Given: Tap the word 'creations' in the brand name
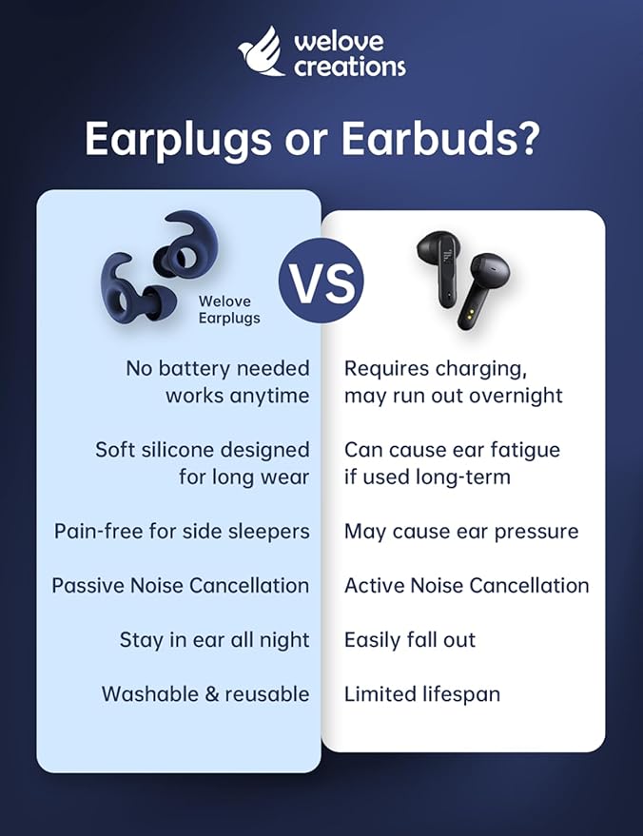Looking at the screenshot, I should pyautogui.click(x=349, y=67).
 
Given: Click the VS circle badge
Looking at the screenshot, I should pyautogui.click(x=321, y=282).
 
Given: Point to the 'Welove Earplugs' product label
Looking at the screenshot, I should pyautogui.click(x=228, y=310).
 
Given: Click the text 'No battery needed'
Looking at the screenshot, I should pyautogui.click(x=217, y=368).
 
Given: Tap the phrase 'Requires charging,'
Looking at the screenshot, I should pyautogui.click(x=435, y=368).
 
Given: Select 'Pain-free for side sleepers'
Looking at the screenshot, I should pyautogui.click(x=182, y=531).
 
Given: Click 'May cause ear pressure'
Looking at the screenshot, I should pyautogui.click(x=461, y=531).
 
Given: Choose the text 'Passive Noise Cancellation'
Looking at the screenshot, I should pyautogui.click(x=181, y=585).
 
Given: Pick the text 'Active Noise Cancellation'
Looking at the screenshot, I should pyautogui.click(x=466, y=585).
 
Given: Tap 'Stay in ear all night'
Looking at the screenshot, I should pyautogui.click(x=214, y=639).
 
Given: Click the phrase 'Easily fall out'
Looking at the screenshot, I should pyautogui.click(x=410, y=639).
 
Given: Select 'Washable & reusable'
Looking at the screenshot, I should pyautogui.click(x=205, y=694).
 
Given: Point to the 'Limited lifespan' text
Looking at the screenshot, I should pyautogui.click(x=422, y=694).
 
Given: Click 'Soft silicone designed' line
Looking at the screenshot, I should pyautogui.click(x=203, y=449).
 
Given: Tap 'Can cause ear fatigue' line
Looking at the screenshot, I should pyautogui.click(x=452, y=449).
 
